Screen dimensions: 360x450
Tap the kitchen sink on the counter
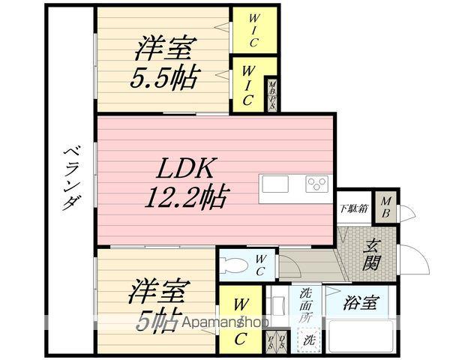274,184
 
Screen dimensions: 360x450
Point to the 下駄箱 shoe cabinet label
352,208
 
